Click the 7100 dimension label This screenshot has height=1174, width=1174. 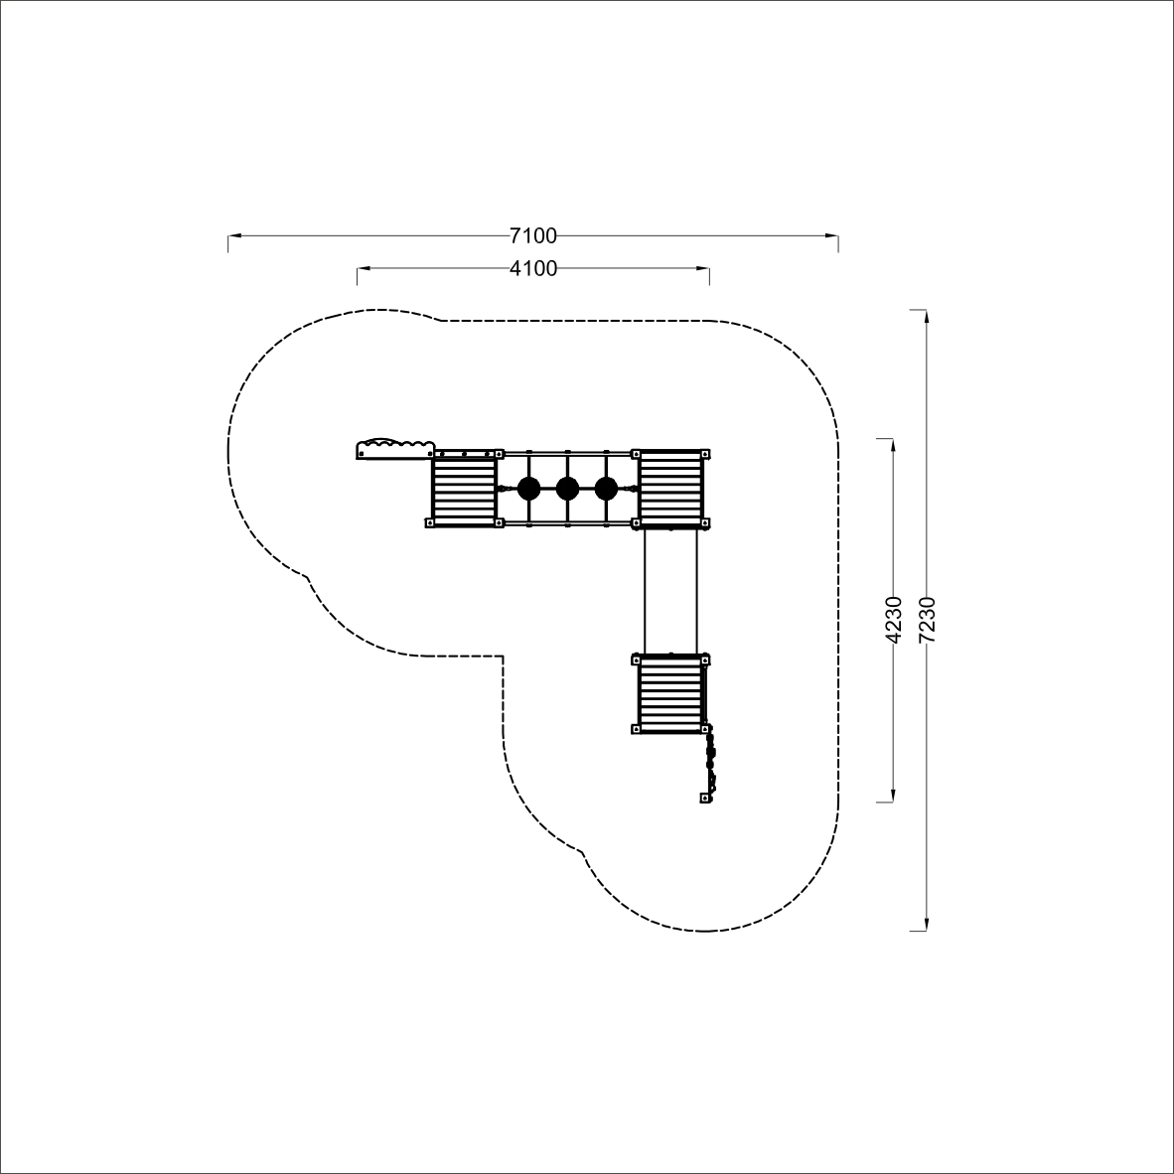click(x=533, y=235)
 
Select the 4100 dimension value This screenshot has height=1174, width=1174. click(x=533, y=268)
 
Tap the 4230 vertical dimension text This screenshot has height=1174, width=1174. click(x=894, y=620)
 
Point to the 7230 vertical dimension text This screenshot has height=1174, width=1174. click(x=927, y=620)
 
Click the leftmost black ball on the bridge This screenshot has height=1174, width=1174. click(x=528, y=489)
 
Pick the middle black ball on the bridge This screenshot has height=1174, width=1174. click(x=567, y=489)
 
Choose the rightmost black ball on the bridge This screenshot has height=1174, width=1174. click(x=606, y=489)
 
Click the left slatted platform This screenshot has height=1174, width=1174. click(x=464, y=489)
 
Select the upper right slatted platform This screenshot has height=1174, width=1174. click(x=670, y=489)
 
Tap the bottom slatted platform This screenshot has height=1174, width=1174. click(x=670, y=694)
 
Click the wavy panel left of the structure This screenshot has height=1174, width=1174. click(x=395, y=449)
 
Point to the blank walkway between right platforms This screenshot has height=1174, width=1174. click(x=670, y=590)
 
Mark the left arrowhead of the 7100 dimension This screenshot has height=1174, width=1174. click(x=234, y=235)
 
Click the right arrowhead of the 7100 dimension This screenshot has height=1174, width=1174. click(x=832, y=235)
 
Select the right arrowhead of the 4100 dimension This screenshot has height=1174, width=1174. click(x=703, y=268)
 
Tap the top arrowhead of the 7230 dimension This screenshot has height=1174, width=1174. click(x=927, y=316)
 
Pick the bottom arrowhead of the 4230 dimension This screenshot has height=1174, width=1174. click(x=893, y=796)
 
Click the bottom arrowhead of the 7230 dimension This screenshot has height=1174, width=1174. click(x=927, y=925)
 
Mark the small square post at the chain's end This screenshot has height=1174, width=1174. click(x=704, y=799)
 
